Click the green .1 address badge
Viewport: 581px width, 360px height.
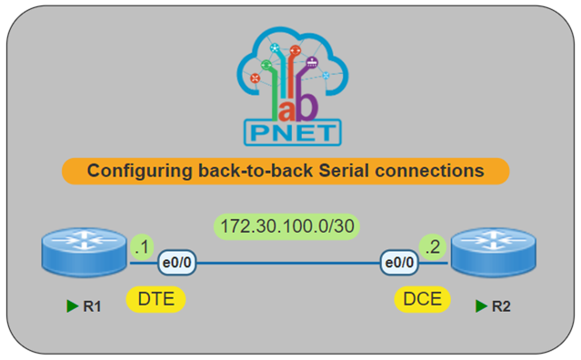[141, 245]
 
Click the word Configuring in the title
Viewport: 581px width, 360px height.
[132, 170]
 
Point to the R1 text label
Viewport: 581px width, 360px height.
[92, 306]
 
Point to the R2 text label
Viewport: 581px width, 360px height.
[501, 306]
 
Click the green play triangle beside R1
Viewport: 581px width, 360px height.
[72, 306]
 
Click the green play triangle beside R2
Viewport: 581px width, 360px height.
[480, 306]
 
